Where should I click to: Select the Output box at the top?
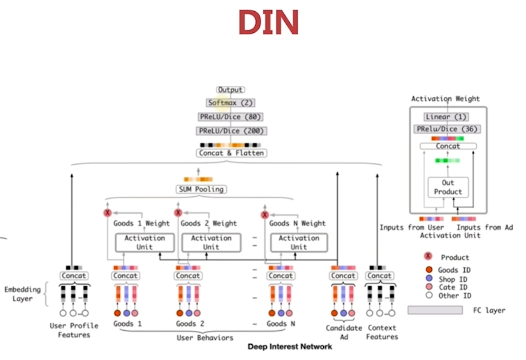pyautogui.click(x=230, y=90)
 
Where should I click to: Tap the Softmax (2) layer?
pyautogui.click(x=230, y=103)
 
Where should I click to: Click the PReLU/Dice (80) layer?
pyautogui.click(x=230, y=117)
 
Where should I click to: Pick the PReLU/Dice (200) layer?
pyautogui.click(x=231, y=131)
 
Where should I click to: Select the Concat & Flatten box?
pyautogui.click(x=231, y=153)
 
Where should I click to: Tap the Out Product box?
pyautogui.click(x=448, y=187)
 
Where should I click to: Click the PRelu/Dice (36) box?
pyautogui.click(x=447, y=129)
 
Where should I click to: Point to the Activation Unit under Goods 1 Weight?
pyautogui.click(x=144, y=242)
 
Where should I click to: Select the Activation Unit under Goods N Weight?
pyautogui.click(x=298, y=242)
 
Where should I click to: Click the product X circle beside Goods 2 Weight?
pyautogui.click(x=178, y=213)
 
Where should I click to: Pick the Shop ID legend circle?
pyautogui.click(x=428, y=279)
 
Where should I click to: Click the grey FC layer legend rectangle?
pyautogui.click(x=435, y=310)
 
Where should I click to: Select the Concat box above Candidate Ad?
pyautogui.click(x=343, y=276)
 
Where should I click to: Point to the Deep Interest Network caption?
pyautogui.click(x=290, y=346)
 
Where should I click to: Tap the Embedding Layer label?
pyautogui.click(x=22, y=294)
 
